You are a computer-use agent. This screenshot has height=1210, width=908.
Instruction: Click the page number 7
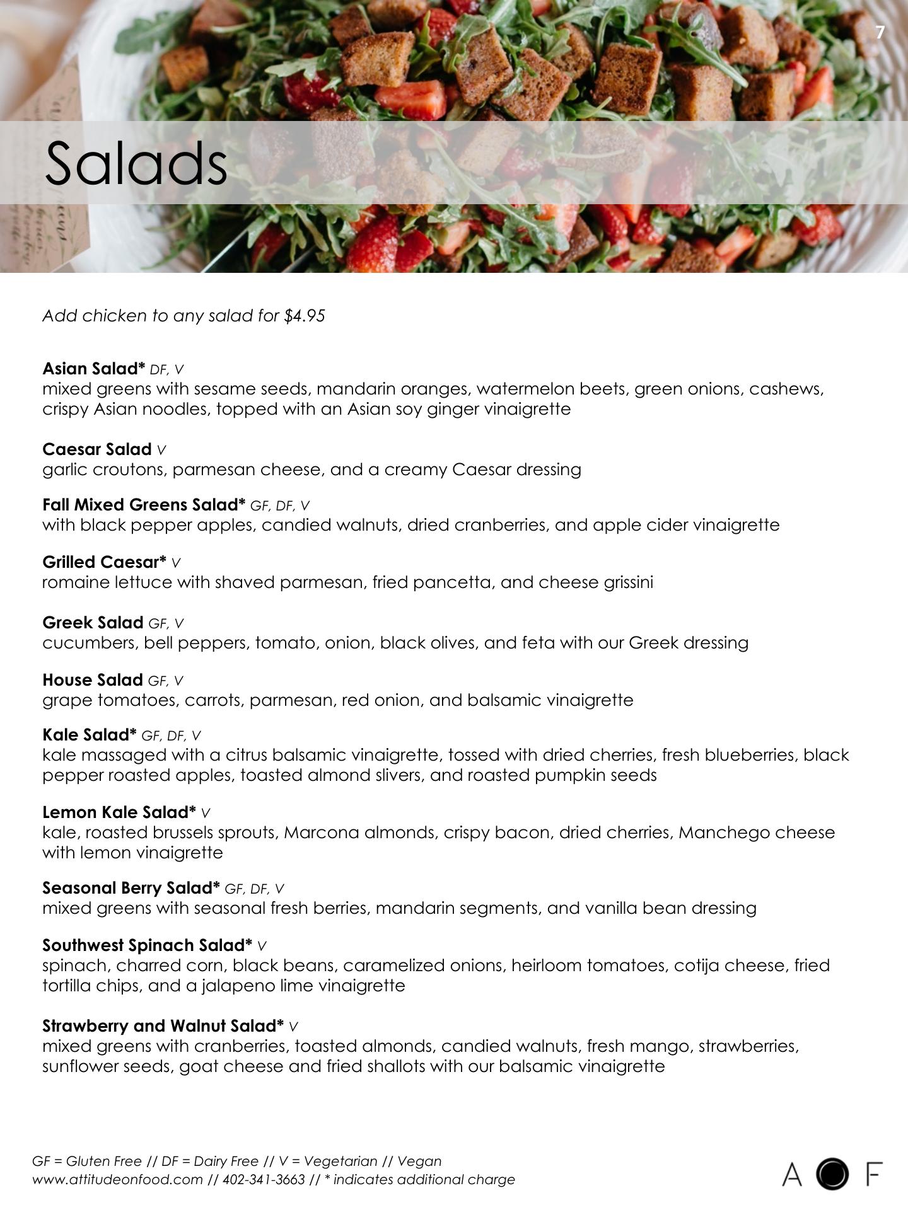point(880,33)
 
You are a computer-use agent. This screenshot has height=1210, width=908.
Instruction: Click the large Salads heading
point(136,163)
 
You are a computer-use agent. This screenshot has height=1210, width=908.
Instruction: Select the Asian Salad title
point(93,369)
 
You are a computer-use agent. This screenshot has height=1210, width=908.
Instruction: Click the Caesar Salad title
point(96,449)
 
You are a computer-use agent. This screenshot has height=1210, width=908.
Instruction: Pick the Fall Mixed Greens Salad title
point(143,505)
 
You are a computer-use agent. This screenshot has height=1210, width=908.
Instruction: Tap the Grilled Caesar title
point(104,562)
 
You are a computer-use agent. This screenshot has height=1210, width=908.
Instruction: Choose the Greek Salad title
point(93,623)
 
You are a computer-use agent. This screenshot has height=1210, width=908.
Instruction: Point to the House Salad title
point(92,680)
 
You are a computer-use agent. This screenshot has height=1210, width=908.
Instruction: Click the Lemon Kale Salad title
point(119,812)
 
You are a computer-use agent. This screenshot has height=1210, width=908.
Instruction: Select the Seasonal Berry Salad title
point(131,888)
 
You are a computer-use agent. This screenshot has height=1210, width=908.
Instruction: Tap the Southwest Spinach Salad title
point(147,945)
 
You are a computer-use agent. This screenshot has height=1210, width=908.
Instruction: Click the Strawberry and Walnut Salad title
point(163,1026)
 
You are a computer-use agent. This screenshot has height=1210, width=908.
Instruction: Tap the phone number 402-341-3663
point(264,1180)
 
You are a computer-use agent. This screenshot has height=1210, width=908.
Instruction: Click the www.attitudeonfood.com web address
point(117,1180)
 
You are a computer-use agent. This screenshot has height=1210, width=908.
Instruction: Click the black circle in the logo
point(832,1174)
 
